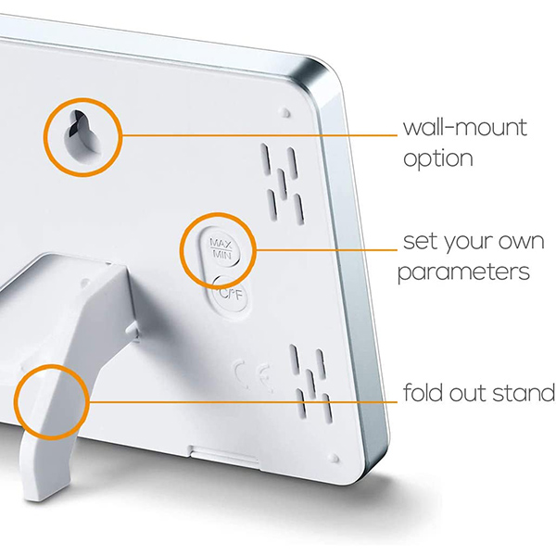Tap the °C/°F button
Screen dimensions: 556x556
pos(231,294)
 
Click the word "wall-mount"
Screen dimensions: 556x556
pos(465,128)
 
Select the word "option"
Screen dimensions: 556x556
pos(438,158)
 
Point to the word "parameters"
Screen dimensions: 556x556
pos(464,272)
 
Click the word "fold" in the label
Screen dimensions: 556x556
pos(423,392)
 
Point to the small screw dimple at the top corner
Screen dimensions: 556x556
pos(285,112)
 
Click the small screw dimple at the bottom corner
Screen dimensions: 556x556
pos(334,458)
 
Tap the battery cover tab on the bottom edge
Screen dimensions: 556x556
pos(224,455)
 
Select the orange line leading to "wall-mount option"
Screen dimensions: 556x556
pos(259,135)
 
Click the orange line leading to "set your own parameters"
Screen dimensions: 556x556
pos(326,250)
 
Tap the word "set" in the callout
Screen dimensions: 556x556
pos(420,242)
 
